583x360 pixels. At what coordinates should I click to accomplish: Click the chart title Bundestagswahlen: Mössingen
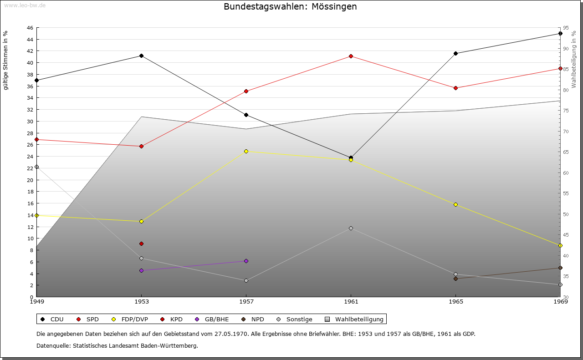pos(290,7)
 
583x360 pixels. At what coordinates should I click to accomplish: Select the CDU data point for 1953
pos(141,56)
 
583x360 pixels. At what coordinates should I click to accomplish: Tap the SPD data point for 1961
pos(351,56)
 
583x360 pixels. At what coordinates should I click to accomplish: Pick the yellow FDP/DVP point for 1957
pos(246,151)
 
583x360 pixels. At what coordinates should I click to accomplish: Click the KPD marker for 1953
pos(141,244)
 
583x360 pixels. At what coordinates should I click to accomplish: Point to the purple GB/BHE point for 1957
pos(246,261)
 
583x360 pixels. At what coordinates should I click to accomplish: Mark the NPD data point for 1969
pos(560,268)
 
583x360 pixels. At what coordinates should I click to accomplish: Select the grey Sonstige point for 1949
pos(36,167)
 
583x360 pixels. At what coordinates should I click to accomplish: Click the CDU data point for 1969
pos(560,34)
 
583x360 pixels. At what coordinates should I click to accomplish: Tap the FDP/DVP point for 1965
pos(455,205)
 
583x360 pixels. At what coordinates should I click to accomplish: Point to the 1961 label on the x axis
pos(351,301)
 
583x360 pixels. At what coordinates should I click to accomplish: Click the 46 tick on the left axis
pos(30,28)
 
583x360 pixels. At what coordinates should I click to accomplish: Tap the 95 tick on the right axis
pos(565,28)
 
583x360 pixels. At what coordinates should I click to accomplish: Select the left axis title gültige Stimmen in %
pos(6,61)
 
